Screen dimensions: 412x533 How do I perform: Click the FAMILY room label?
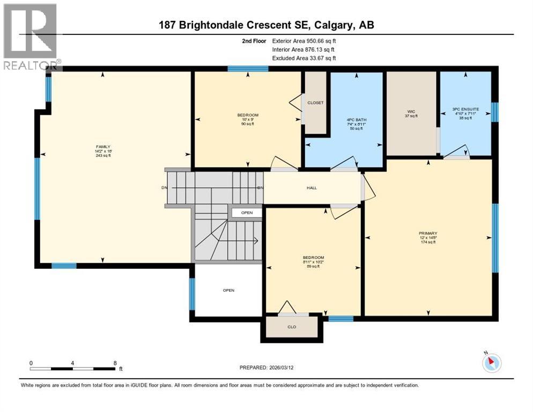point(103,146)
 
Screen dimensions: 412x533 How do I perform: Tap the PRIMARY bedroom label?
point(428,233)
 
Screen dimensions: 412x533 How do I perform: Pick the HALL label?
point(312,188)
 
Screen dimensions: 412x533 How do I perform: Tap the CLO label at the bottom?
point(292,327)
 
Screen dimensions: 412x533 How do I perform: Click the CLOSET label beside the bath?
point(315,102)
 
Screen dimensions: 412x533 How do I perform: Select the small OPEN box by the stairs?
point(247,213)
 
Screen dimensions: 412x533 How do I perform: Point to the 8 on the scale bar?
point(115,363)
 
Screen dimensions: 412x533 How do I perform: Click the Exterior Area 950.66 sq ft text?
point(304,40)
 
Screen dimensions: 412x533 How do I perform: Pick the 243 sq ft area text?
point(103,156)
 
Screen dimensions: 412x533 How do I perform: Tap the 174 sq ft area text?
point(428,242)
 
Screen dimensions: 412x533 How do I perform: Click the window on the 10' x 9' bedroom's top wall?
point(248,69)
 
